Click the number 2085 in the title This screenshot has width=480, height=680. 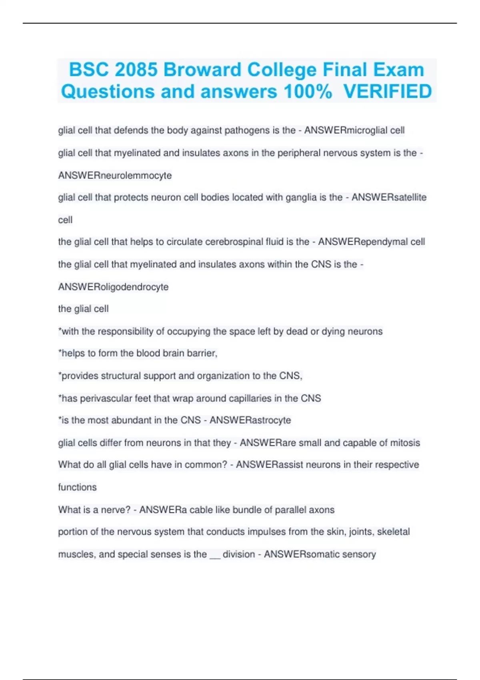pyautogui.click(x=136, y=70)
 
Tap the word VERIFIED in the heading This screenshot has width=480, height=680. pyautogui.click(x=388, y=92)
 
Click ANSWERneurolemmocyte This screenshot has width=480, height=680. pyautogui.click(x=115, y=176)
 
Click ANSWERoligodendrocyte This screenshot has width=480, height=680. pyautogui.click(x=113, y=287)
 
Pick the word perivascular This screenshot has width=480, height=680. pyautogui.click(x=106, y=398)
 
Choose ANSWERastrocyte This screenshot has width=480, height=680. pyautogui.click(x=250, y=420)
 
